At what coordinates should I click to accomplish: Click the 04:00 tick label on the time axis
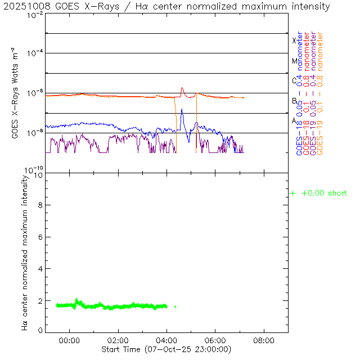[x=166, y=340]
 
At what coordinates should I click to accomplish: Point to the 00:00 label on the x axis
[x=69, y=340]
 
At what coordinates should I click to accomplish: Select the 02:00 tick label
[x=118, y=340]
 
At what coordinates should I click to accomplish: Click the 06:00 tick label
[x=215, y=340]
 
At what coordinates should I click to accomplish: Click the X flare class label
[x=294, y=40]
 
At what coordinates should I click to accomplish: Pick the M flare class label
[x=294, y=61]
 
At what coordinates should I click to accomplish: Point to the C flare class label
[x=294, y=80]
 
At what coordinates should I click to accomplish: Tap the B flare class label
[x=294, y=101]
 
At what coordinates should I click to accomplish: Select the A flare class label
[x=294, y=120]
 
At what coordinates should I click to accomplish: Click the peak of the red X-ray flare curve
[x=182, y=88]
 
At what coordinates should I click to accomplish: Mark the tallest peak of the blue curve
[x=182, y=109]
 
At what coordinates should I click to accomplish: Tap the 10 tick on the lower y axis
[x=38, y=175]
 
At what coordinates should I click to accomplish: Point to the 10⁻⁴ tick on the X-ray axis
[x=34, y=53]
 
